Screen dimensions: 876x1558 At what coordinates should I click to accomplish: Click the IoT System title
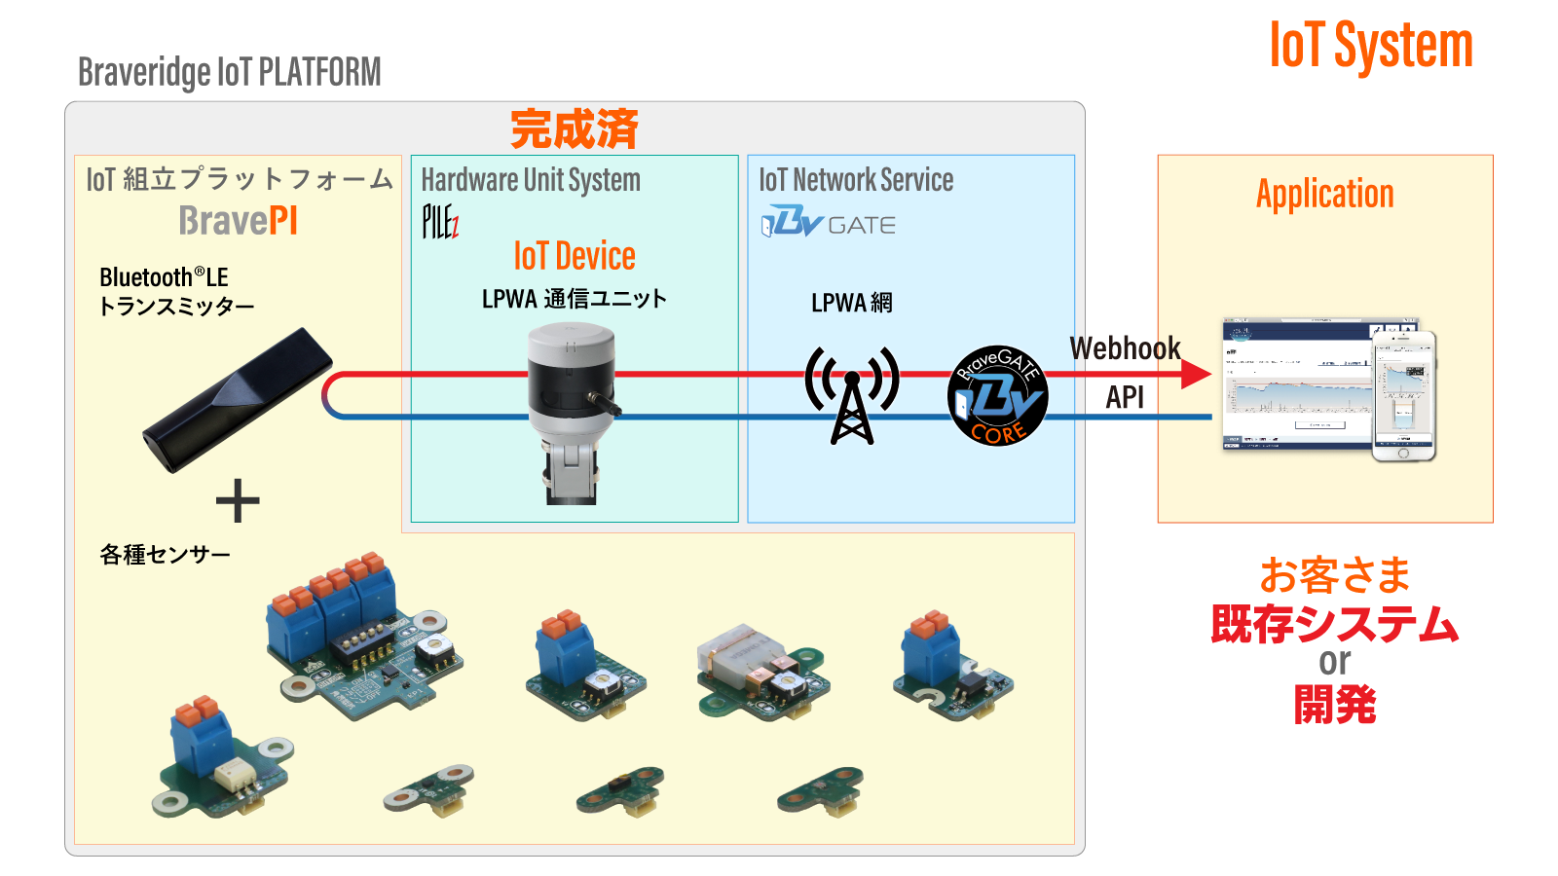click(x=1370, y=46)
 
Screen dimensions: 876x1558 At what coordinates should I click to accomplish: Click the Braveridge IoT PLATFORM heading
click(x=229, y=72)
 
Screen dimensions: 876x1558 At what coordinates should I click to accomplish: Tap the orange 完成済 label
click(x=574, y=129)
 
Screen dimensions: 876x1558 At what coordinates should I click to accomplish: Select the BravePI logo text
click(x=238, y=221)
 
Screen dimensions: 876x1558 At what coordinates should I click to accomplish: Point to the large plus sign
click(x=238, y=501)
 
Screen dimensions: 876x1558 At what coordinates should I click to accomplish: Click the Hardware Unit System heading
click(x=531, y=180)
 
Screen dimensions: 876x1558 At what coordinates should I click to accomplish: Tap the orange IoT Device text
click(x=574, y=256)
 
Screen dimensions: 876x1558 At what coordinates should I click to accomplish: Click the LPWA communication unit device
click(x=573, y=409)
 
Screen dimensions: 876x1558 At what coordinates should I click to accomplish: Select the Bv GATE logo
click(x=828, y=223)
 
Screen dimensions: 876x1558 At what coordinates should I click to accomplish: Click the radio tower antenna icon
click(x=851, y=395)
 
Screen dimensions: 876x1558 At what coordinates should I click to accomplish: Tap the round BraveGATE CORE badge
click(x=997, y=396)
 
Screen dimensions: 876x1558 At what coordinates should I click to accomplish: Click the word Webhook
click(x=1125, y=348)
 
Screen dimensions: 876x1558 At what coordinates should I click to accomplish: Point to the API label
click(x=1125, y=397)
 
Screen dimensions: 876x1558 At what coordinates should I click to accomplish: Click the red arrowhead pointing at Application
click(x=1196, y=374)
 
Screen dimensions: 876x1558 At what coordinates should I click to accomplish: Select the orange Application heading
click(x=1324, y=194)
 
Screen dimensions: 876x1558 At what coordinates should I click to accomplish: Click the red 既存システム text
click(x=1334, y=624)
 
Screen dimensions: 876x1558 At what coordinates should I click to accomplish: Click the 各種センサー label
click(x=165, y=555)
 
